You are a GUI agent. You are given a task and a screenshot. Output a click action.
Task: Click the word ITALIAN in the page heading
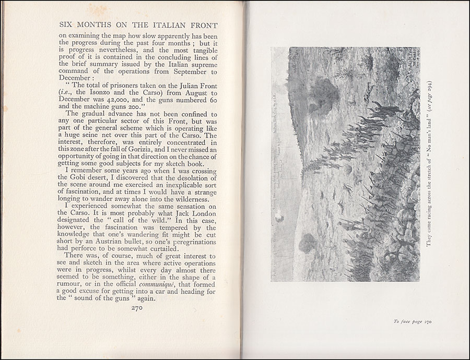point(151,25)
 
